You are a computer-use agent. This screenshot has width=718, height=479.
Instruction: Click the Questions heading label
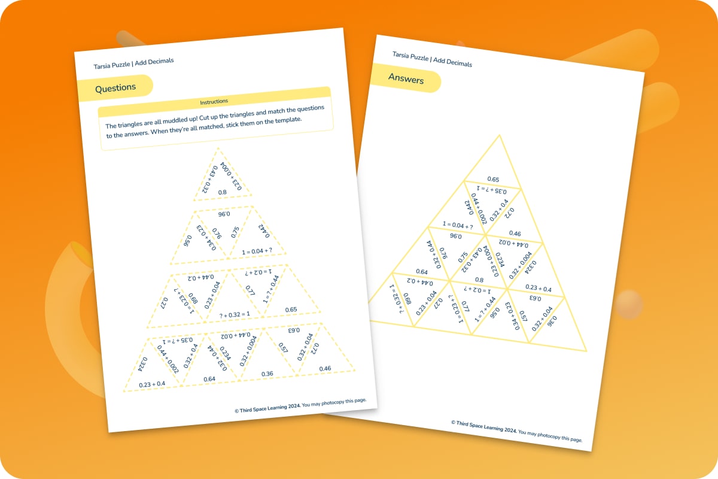point(115,87)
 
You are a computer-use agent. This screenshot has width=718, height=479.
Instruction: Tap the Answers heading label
point(406,79)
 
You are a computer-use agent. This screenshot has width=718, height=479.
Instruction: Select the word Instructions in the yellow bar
point(214,101)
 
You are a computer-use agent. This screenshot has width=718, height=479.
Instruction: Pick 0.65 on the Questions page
point(291,310)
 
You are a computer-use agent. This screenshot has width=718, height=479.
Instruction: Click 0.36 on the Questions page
point(267,374)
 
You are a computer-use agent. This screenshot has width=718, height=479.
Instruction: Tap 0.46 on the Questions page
point(325,368)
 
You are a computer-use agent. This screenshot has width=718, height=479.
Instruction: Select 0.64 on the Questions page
point(209,379)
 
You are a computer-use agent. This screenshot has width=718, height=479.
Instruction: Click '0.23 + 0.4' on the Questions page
point(152,384)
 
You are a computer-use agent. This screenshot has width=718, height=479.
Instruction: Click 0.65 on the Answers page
point(493,179)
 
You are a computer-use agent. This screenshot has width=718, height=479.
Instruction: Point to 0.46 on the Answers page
point(515,234)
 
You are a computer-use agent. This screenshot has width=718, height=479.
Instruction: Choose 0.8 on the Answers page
point(479,279)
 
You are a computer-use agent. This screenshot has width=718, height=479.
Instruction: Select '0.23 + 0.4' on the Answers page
point(538,288)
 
